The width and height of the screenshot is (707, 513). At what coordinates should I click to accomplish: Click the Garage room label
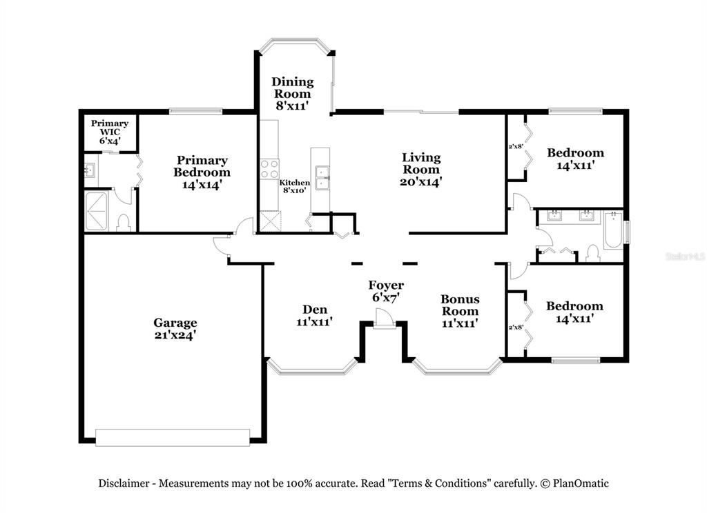[x=175, y=323]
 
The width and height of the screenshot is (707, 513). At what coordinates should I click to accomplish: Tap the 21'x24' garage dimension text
[x=175, y=335]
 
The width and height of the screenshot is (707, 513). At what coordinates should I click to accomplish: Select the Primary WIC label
[x=110, y=128]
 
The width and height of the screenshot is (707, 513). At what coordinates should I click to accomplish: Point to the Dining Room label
[x=292, y=88]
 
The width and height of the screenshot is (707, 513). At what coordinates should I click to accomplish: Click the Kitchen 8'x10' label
[x=294, y=186]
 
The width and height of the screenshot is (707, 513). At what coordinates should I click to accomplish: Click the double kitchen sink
[x=322, y=177]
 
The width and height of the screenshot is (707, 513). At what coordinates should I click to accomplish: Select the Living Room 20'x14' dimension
[x=420, y=182]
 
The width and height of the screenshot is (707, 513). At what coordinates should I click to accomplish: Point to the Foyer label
[x=386, y=285]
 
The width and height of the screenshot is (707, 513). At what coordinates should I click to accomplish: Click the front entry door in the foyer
[x=384, y=319]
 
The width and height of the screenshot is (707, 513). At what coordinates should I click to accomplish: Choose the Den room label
[x=315, y=310]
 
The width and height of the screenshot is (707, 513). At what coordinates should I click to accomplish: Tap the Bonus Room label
[x=460, y=305]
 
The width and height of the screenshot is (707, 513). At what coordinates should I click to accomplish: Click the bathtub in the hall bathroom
[x=613, y=230]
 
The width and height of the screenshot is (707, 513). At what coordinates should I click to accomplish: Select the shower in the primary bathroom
[x=97, y=211]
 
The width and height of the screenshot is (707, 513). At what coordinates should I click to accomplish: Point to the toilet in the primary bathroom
[x=123, y=223]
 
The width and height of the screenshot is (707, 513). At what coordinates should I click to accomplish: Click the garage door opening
[x=173, y=437]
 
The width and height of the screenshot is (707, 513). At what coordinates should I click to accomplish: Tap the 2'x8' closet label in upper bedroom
[x=515, y=146]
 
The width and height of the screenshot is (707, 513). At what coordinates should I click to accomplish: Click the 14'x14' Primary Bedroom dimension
[x=202, y=185]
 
